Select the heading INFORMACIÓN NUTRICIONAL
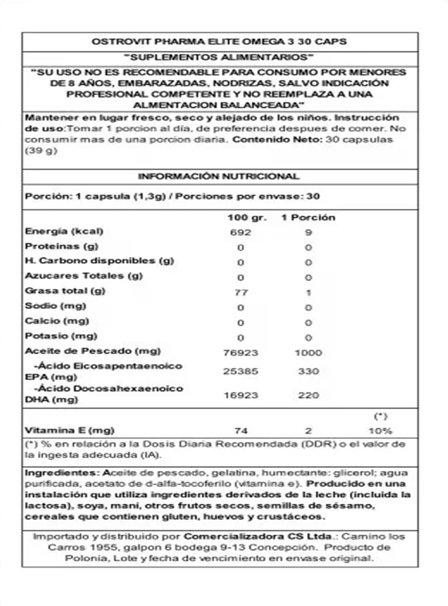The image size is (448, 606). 219,176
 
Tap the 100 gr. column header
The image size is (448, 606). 247,217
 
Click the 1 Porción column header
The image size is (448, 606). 308,217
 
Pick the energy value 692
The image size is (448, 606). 241,232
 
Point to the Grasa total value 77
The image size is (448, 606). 241,293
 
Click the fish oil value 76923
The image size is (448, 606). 241,352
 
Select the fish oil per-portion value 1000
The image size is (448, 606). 308,352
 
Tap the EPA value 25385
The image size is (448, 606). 241,371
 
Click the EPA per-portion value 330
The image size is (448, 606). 308,371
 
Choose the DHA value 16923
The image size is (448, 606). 241,395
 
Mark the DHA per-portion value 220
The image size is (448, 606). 308,395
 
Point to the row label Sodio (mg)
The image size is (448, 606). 56,306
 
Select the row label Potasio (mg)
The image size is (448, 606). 61,336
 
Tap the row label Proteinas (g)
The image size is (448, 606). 61,246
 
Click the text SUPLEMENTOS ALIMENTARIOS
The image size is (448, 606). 219,58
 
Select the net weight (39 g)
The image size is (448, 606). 41,151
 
